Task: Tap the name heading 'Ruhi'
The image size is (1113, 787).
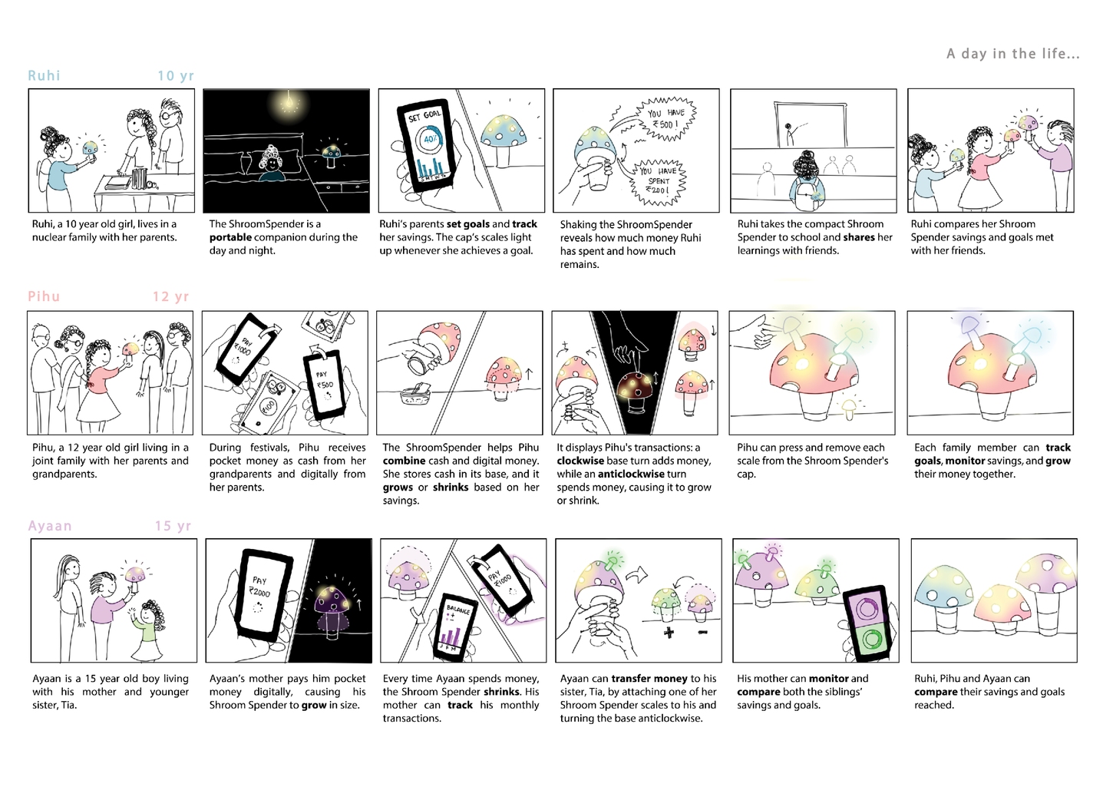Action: click(x=45, y=75)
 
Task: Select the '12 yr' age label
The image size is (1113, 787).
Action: click(x=171, y=297)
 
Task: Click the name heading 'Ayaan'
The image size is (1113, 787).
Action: click(x=50, y=526)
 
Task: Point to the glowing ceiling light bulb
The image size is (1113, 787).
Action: click(x=287, y=103)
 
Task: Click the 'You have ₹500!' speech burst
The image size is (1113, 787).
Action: click(x=665, y=119)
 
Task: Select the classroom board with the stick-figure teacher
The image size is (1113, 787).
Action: click(x=810, y=124)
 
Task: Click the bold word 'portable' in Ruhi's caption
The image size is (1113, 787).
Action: click(x=230, y=238)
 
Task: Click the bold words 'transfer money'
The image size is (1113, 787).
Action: click(x=649, y=679)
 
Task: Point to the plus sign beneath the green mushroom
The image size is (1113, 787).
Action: click(x=669, y=633)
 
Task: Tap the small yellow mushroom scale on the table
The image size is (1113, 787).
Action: click(x=849, y=408)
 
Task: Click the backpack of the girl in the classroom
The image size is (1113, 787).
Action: click(x=807, y=196)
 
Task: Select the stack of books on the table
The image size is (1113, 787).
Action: click(x=139, y=178)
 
